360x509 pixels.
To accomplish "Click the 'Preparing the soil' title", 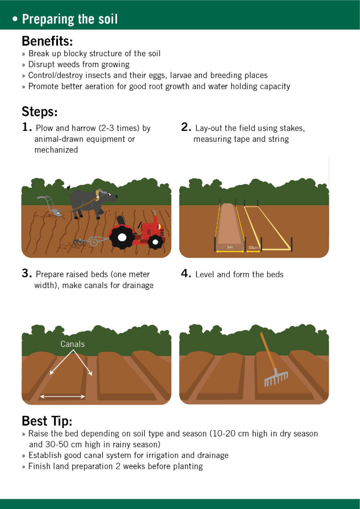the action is pyautogui.click(x=69, y=19).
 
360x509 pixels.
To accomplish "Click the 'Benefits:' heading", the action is pyautogui.click(x=47, y=41).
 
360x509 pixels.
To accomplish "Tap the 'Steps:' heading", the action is pyautogui.click(x=40, y=112).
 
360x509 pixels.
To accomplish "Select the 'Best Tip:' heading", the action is pyautogui.click(x=47, y=421).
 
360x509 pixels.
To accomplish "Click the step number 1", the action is pyautogui.click(x=27, y=127).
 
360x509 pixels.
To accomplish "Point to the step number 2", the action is pyautogui.click(x=186, y=127).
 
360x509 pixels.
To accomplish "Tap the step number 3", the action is pyautogui.click(x=27, y=274).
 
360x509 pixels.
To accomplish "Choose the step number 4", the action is pyautogui.click(x=186, y=274).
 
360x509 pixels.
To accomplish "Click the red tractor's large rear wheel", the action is pyautogui.click(x=122, y=237).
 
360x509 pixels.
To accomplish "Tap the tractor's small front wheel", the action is pyautogui.click(x=157, y=242).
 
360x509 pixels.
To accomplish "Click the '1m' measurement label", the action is pyautogui.click(x=230, y=248).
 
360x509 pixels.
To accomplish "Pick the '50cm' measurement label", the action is pyautogui.click(x=253, y=248).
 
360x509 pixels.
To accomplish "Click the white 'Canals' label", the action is pyautogui.click(x=72, y=344).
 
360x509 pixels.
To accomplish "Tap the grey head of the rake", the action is pyautogui.click(x=276, y=378).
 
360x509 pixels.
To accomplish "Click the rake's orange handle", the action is pyautogui.click(x=267, y=351).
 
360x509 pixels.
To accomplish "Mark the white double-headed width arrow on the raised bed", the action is pyautogui.click(x=63, y=396).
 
